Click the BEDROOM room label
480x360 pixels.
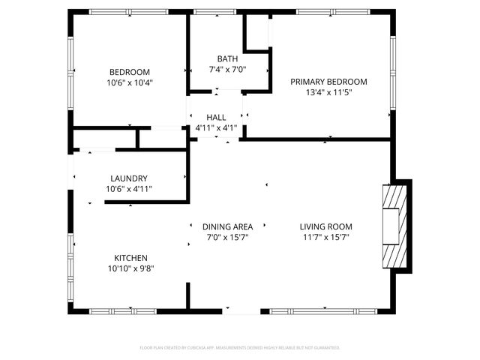click(130, 71)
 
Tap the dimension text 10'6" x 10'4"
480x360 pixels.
click(130, 82)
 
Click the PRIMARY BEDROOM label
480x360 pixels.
click(328, 81)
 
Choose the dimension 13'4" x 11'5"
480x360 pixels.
click(328, 92)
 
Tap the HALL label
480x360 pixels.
click(216, 117)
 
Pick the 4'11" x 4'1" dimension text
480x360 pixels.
click(216, 128)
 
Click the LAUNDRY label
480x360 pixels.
click(129, 178)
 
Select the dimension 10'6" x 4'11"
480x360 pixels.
click(129, 189)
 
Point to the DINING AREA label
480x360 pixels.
click(227, 226)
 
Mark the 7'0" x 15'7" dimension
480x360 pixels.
click(227, 238)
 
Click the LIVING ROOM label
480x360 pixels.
click(325, 226)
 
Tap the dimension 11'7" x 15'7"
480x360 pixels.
click(325, 238)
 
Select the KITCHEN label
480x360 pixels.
click(130, 257)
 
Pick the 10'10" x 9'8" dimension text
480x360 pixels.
click(130, 268)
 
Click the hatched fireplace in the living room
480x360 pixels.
click(393, 226)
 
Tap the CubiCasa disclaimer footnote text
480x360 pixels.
click(240, 348)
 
